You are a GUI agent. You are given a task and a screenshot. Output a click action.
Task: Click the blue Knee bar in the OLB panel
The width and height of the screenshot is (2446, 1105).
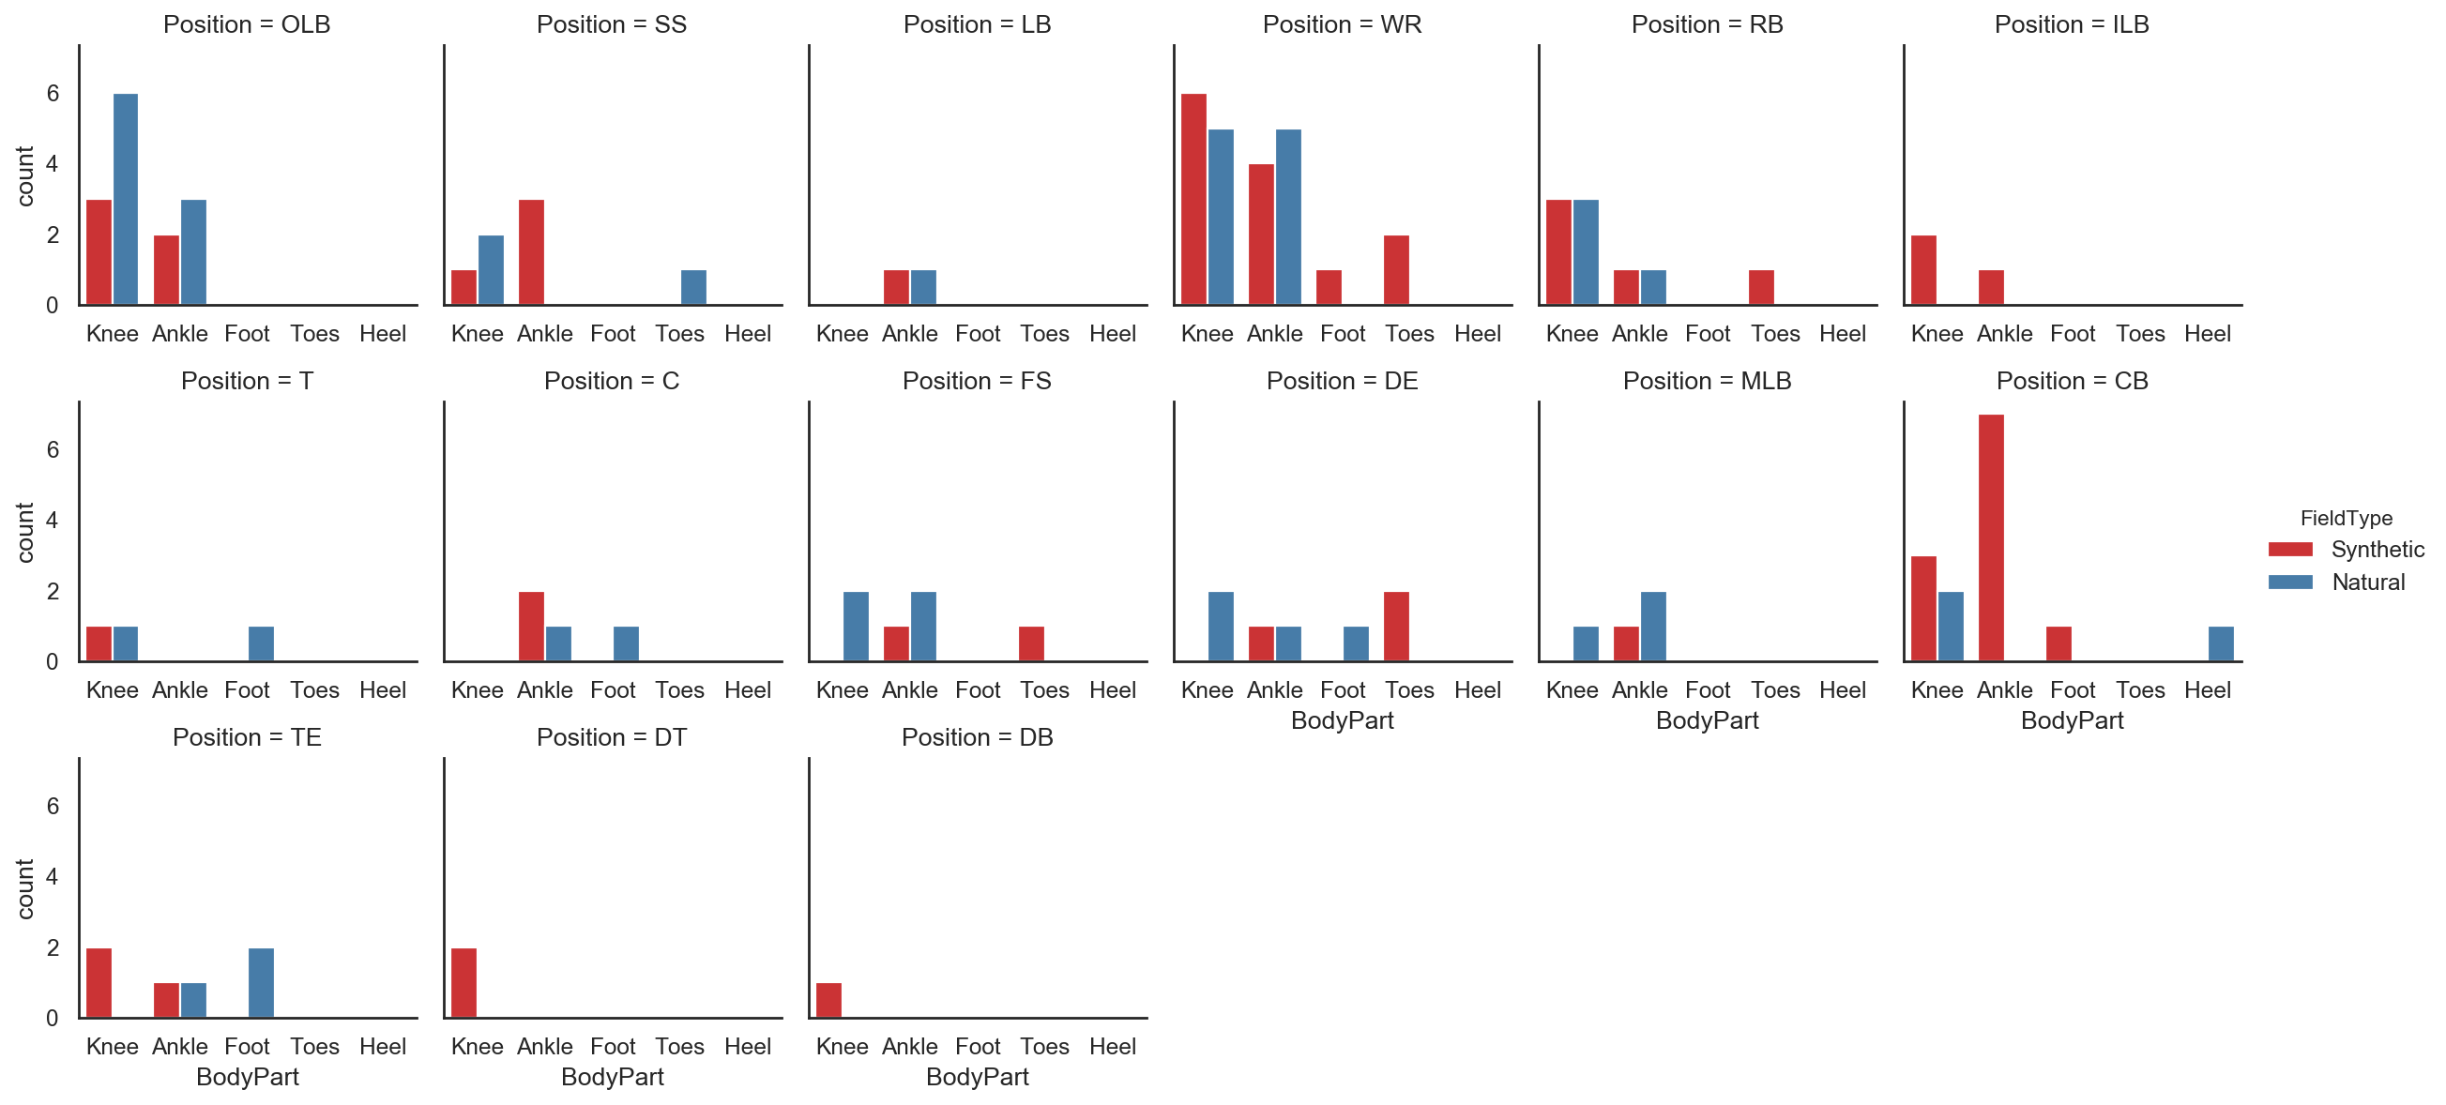(x=126, y=200)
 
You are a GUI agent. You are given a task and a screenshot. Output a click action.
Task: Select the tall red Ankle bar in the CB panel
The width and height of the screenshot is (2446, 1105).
(x=1990, y=537)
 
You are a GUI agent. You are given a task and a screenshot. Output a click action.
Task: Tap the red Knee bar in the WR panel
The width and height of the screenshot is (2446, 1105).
(x=1193, y=200)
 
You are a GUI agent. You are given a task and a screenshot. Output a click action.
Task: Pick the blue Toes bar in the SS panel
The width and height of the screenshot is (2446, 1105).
(x=693, y=288)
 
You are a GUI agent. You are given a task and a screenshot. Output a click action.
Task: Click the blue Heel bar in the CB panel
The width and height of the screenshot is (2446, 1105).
(x=2220, y=643)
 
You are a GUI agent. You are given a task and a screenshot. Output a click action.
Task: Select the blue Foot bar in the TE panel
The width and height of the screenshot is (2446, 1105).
(x=261, y=982)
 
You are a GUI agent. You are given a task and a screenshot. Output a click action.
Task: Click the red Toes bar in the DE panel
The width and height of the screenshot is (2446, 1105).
(x=1396, y=627)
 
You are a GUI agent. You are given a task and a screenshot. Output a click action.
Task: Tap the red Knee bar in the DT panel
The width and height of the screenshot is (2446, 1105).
(x=463, y=982)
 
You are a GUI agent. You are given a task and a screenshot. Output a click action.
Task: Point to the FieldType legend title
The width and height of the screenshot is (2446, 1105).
(x=2346, y=519)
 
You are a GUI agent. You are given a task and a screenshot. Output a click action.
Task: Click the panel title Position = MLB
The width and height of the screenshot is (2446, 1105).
(x=1707, y=381)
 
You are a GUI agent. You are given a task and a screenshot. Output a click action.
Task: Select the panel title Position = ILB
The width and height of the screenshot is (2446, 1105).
(x=2071, y=24)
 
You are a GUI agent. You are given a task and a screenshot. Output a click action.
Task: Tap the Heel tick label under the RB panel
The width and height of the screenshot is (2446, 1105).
(x=1842, y=334)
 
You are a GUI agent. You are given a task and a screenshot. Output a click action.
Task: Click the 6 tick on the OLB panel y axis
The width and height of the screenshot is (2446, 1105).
(x=53, y=93)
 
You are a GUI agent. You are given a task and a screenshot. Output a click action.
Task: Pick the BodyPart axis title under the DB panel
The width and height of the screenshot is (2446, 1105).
(x=977, y=1077)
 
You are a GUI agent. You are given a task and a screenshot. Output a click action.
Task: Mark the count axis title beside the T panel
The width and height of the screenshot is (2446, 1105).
(x=24, y=532)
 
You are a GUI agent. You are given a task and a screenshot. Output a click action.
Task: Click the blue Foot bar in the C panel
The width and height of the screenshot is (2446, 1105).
(x=626, y=643)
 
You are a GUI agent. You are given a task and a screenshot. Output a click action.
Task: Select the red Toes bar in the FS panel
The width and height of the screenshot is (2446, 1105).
(x=1031, y=643)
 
